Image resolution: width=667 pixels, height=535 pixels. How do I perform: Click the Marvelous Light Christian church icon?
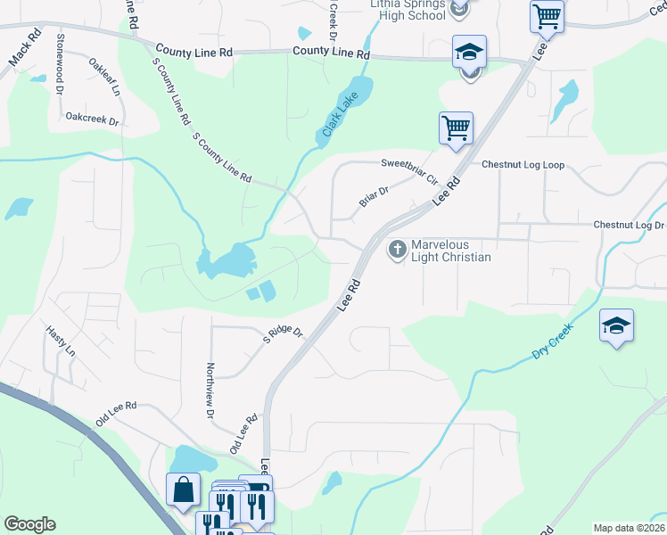point(397,249)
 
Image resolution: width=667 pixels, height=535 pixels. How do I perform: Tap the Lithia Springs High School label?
point(408,9)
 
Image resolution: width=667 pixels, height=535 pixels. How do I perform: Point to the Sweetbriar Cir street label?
point(409,169)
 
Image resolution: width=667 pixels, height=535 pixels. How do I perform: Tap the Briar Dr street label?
point(375,196)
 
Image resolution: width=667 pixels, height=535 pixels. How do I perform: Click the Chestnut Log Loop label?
point(523,165)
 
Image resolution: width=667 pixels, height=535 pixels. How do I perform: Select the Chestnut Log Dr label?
point(629,226)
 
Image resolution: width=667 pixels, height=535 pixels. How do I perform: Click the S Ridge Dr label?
point(283,335)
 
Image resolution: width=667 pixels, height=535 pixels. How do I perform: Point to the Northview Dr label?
point(211,391)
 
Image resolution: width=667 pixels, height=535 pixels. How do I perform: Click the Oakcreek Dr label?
point(93,117)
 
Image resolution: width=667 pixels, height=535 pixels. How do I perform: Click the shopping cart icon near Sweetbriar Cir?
point(456,128)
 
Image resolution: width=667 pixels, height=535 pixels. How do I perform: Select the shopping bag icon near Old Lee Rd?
point(183,489)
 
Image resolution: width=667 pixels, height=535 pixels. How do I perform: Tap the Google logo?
point(29,524)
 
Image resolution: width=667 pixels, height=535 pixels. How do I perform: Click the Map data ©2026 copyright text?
point(629,528)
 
